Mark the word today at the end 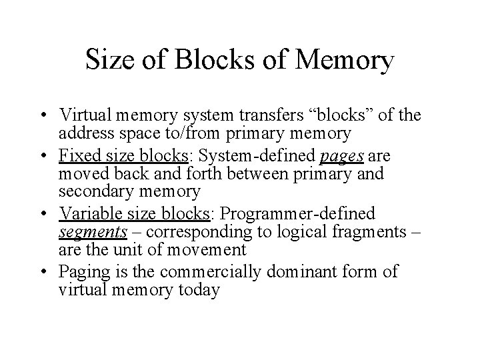pos(197,291)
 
